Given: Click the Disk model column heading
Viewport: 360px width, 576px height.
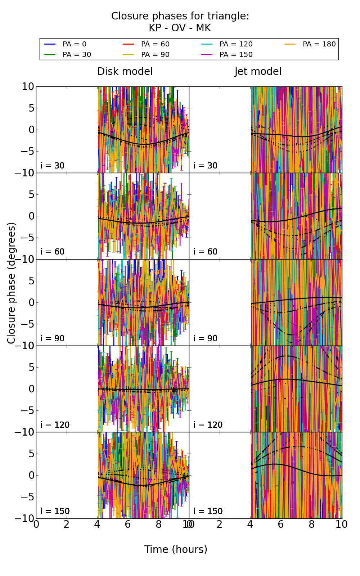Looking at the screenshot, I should coord(125,72).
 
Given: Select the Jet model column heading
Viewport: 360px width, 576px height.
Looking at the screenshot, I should coord(258,72).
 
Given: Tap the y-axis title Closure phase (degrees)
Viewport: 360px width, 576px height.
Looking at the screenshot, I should coord(12,283).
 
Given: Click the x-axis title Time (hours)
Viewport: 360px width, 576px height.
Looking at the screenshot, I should coord(176,549).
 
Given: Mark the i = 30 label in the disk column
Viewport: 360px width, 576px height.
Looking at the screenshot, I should coord(53,166).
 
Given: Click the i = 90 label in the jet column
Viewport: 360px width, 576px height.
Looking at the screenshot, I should coord(206,338).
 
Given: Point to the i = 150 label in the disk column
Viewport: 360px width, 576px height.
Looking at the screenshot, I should coord(55,511).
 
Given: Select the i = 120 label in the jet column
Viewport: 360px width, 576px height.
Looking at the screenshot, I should coord(208,425).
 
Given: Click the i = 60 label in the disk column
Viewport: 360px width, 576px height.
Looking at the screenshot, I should coord(53,252).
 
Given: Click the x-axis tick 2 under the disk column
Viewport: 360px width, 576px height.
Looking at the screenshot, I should coord(67,525).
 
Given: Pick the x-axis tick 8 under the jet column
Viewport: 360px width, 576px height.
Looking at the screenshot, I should coord(311,525).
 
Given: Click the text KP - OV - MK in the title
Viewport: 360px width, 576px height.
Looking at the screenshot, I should coord(180,28).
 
